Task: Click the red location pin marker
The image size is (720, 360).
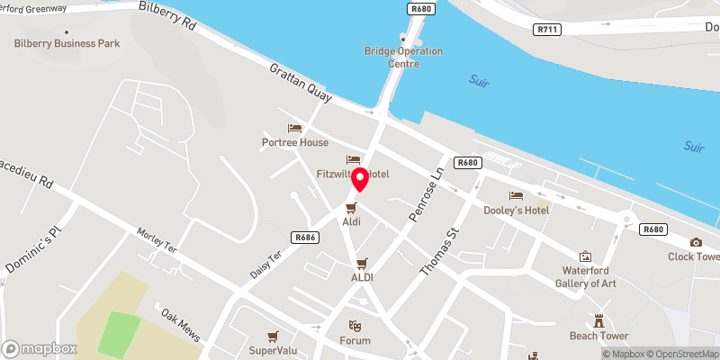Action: pos(360,179)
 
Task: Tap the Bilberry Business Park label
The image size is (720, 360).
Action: pos(67,43)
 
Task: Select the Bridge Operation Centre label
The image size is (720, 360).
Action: pos(403,57)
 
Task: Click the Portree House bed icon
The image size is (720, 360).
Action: pos(294,129)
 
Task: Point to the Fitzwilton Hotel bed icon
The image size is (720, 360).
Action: pos(354,159)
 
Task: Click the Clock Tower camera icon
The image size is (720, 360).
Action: pos(696,242)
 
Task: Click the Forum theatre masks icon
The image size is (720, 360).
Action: pos(355,326)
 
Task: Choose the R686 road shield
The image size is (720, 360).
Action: pos(304,237)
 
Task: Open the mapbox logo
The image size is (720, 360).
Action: pos(40,348)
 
